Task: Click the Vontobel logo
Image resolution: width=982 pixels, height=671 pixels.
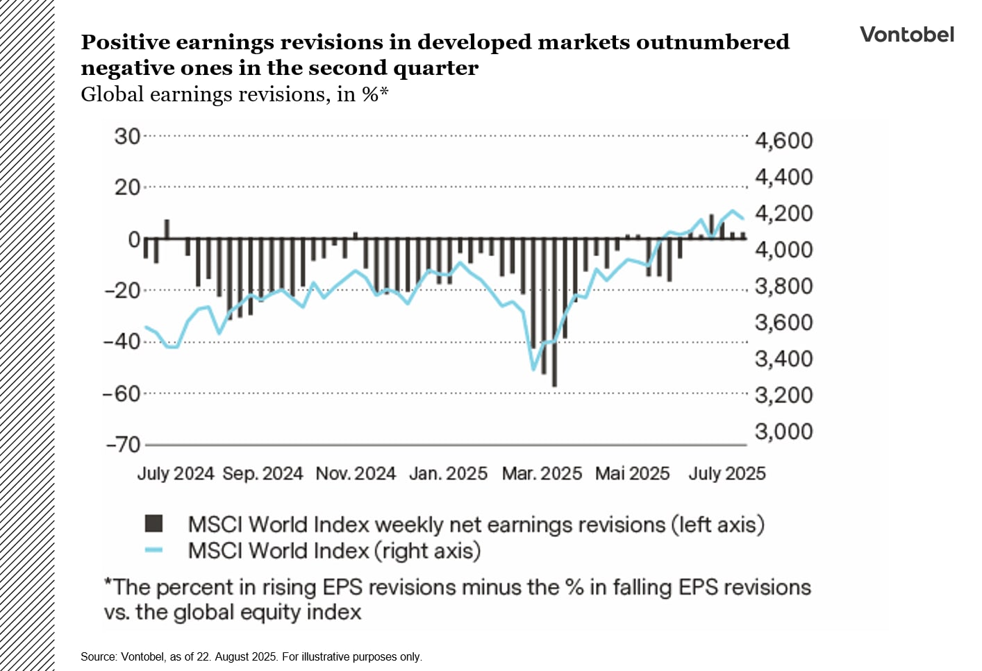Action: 906,35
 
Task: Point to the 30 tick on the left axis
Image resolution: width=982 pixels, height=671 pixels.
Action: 128,136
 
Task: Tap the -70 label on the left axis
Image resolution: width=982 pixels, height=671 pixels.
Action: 124,444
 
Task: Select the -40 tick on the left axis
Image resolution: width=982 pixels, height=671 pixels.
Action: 122,341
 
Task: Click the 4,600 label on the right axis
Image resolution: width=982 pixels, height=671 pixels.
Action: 783,141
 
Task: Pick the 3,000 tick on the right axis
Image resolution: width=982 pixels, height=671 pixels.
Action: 783,432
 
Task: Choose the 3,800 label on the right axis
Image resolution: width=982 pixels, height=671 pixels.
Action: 783,286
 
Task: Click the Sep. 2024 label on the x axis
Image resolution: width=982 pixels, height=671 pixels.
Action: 263,474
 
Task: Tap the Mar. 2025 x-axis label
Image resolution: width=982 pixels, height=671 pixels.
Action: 542,474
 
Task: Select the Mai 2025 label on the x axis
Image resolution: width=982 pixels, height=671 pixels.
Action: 632,474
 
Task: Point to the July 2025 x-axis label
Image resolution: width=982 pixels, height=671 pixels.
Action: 726,474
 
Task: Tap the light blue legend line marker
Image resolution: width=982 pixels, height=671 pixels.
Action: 153,550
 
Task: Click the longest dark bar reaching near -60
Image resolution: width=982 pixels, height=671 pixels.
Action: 554,347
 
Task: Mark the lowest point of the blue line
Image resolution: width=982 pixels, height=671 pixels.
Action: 533,369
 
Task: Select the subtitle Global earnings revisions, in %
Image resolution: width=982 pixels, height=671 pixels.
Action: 234,94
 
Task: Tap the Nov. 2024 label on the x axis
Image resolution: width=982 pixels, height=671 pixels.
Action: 356,474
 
